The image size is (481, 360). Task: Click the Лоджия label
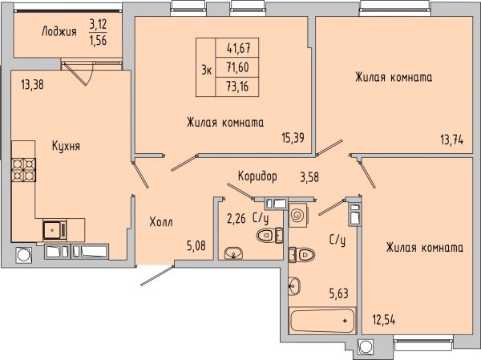59,31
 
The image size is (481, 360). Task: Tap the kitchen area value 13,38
33,84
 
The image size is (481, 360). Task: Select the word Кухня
66,146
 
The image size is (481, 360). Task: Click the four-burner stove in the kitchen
23,170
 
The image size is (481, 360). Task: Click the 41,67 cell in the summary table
237,47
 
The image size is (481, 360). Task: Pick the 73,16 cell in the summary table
237,87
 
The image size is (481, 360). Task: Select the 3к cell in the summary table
206,67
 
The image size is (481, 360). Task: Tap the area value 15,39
293,138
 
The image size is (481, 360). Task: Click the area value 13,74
452,140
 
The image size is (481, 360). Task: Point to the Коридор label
257,176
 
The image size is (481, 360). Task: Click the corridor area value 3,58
309,177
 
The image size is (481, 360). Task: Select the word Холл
161,221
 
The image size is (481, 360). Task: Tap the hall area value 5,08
196,245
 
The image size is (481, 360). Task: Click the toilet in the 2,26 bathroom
269,235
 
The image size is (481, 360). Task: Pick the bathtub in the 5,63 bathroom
322,321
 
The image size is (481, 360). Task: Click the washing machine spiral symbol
297,215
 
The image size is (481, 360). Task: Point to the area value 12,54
384,320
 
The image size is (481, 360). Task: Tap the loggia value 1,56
98,40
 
